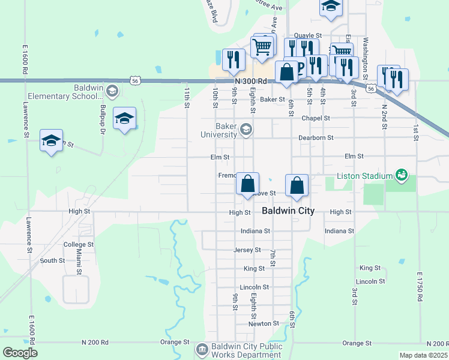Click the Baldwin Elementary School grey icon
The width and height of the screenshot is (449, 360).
[x=112, y=91]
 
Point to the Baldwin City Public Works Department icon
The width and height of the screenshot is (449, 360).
[x=202, y=349]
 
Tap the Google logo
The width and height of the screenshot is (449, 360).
[x=20, y=352]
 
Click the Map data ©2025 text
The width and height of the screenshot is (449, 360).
[x=423, y=355]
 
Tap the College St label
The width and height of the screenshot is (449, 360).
[x=79, y=245]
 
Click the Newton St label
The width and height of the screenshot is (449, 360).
[x=264, y=323]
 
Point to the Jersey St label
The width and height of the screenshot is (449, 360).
[x=247, y=250]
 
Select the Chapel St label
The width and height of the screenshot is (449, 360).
[x=316, y=118]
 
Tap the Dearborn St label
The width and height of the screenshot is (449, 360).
[x=316, y=137]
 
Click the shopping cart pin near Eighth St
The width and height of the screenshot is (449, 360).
[x=262, y=47]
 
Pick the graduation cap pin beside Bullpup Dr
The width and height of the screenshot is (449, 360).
[x=124, y=118]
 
